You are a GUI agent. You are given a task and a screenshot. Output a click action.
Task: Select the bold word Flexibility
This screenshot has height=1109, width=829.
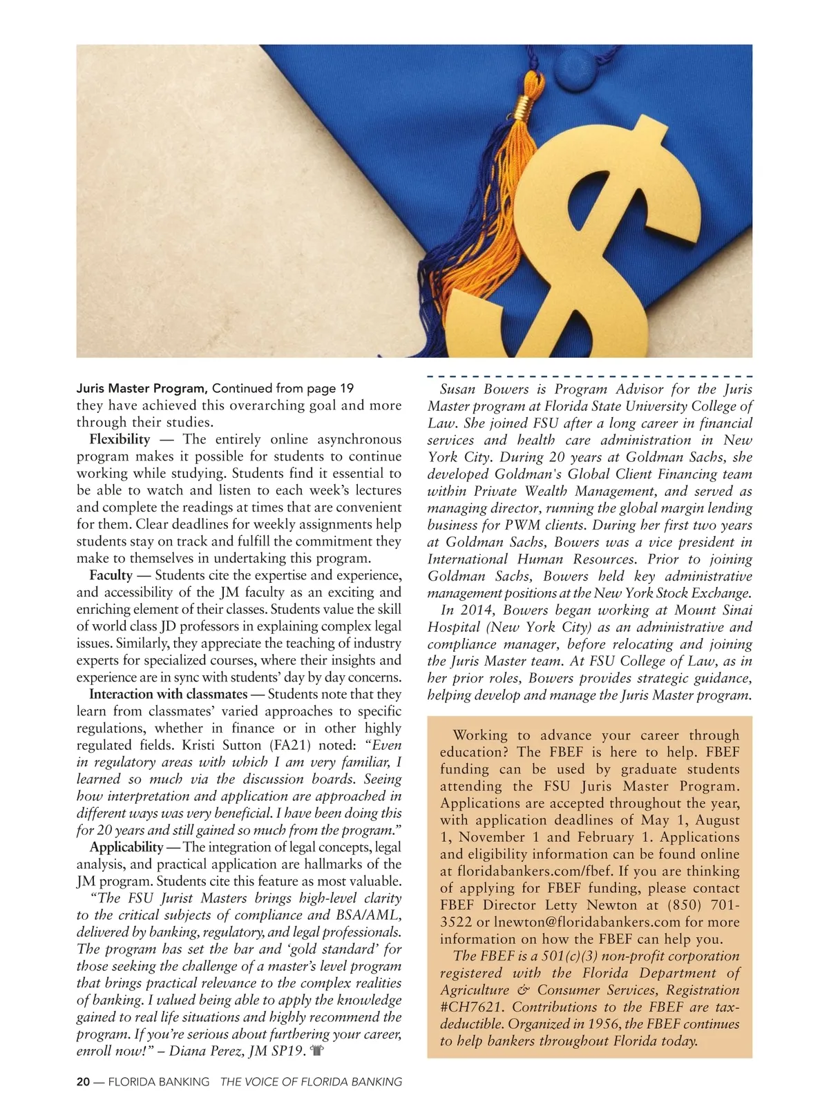point(120,440)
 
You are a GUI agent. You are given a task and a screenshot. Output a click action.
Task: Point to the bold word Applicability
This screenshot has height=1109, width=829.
point(126,848)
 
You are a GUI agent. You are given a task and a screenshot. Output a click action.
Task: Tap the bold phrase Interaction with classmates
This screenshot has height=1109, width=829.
point(168,695)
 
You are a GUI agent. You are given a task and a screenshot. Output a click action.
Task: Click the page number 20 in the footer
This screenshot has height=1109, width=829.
point(83,1082)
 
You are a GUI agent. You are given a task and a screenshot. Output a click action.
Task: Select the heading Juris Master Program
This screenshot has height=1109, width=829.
point(142,389)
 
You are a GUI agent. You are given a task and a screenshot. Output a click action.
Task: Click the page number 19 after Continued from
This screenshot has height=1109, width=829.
point(346,389)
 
